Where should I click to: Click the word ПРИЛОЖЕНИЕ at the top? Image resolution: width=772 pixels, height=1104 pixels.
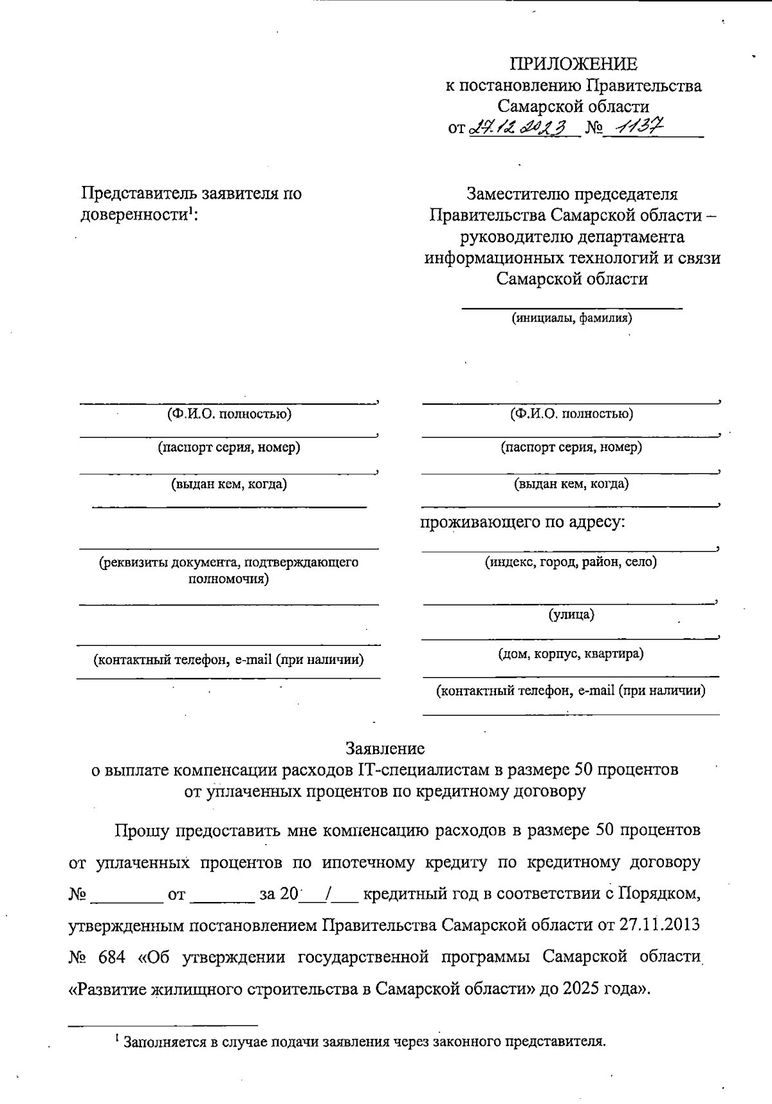(573, 64)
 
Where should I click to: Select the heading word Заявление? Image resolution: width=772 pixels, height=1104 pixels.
(385, 748)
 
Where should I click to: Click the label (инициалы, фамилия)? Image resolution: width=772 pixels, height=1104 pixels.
(571, 317)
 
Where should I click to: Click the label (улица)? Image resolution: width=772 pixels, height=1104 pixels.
(571, 614)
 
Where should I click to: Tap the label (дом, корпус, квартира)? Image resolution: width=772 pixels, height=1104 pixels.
(571, 654)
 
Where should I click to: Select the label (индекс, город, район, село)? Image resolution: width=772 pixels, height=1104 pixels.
(571, 562)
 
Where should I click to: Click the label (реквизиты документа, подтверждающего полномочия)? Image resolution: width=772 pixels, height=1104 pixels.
(228, 570)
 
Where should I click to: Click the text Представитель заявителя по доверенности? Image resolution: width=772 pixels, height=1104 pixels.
(191, 203)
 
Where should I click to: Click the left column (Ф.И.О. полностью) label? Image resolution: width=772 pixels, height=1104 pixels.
(229, 414)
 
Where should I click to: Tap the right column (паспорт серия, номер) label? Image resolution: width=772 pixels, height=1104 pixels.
(571, 446)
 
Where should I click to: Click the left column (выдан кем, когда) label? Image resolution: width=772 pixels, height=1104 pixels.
(229, 484)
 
